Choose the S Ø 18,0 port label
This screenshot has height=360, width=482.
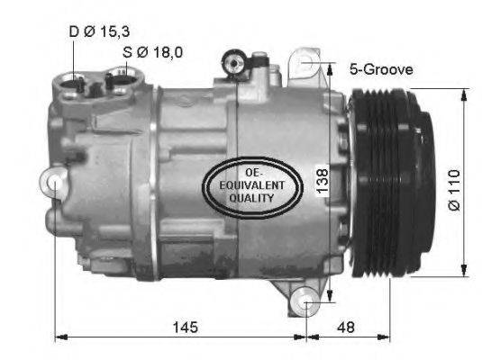(153, 52)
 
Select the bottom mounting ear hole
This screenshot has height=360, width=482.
(307, 301)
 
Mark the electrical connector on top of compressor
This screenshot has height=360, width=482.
(233, 63)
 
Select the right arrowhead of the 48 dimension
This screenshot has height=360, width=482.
(386, 338)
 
